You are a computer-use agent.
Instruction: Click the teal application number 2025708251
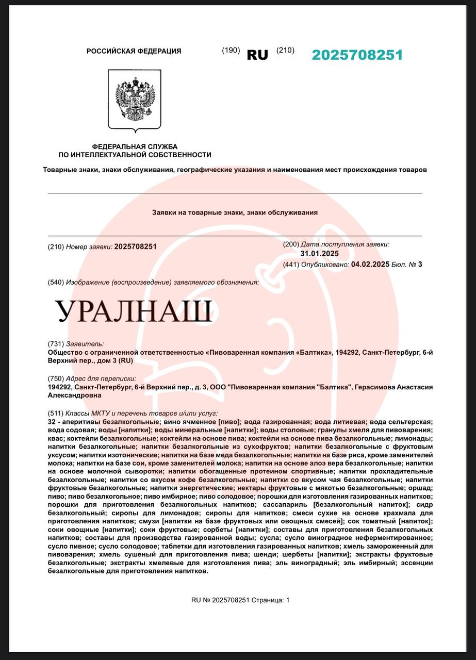(x=357, y=55)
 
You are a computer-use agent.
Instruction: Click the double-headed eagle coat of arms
(x=135, y=99)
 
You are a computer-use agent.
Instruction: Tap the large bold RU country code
(x=257, y=55)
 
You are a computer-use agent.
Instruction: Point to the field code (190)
(x=231, y=50)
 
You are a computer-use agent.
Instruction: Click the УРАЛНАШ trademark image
(x=134, y=311)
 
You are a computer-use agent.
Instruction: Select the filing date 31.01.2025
(x=319, y=254)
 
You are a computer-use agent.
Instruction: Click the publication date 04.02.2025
(x=370, y=265)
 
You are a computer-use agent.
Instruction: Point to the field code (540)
(x=55, y=282)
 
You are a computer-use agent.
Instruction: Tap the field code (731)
(x=55, y=344)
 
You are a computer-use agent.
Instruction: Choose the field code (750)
(x=55, y=378)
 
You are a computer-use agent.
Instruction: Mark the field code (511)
(x=55, y=413)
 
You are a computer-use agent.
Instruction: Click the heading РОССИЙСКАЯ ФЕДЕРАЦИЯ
(x=134, y=51)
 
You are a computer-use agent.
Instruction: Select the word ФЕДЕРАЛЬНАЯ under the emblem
(x=117, y=146)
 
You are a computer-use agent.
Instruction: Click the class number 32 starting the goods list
(x=52, y=422)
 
